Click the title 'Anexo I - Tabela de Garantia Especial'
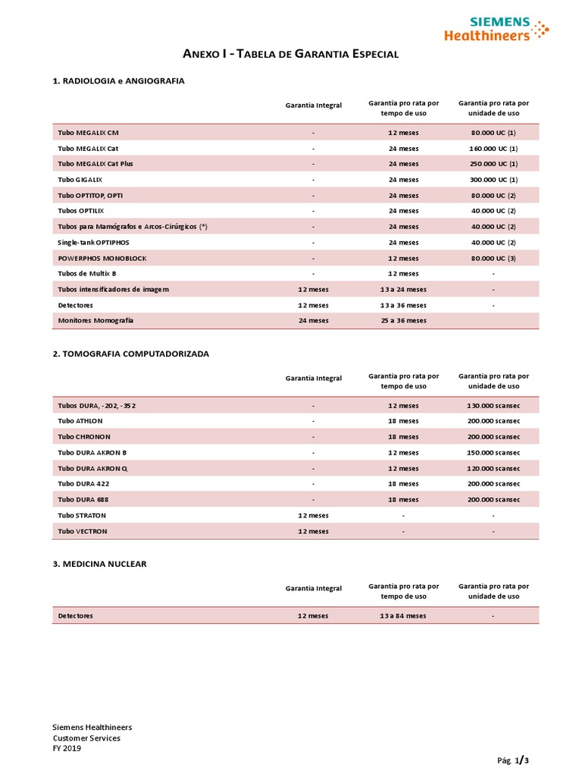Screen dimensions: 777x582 pos(291,54)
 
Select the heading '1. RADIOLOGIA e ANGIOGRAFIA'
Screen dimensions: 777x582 pos(118,80)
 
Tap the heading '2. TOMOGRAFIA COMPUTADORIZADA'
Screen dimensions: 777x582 pos(130,354)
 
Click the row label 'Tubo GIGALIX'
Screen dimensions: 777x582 pos(80,180)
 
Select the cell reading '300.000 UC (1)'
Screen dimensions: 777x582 pos(493,180)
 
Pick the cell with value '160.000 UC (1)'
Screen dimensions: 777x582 pos(493,149)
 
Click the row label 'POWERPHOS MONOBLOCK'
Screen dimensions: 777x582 pos(102,258)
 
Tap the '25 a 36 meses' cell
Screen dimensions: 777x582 pos(403,321)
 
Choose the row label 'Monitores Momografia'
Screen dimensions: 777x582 pos(95,321)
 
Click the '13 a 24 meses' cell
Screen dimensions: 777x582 pos(403,289)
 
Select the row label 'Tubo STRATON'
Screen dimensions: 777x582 pos(82,515)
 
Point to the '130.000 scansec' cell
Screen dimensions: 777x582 pos(493,406)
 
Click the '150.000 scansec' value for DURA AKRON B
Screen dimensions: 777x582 pos(493,453)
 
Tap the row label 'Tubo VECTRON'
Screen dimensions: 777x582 pos(83,531)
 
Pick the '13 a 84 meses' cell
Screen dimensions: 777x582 pos(403,615)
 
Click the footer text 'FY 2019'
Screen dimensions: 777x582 pos(67,748)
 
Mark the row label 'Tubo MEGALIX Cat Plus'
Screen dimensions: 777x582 pos(95,164)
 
